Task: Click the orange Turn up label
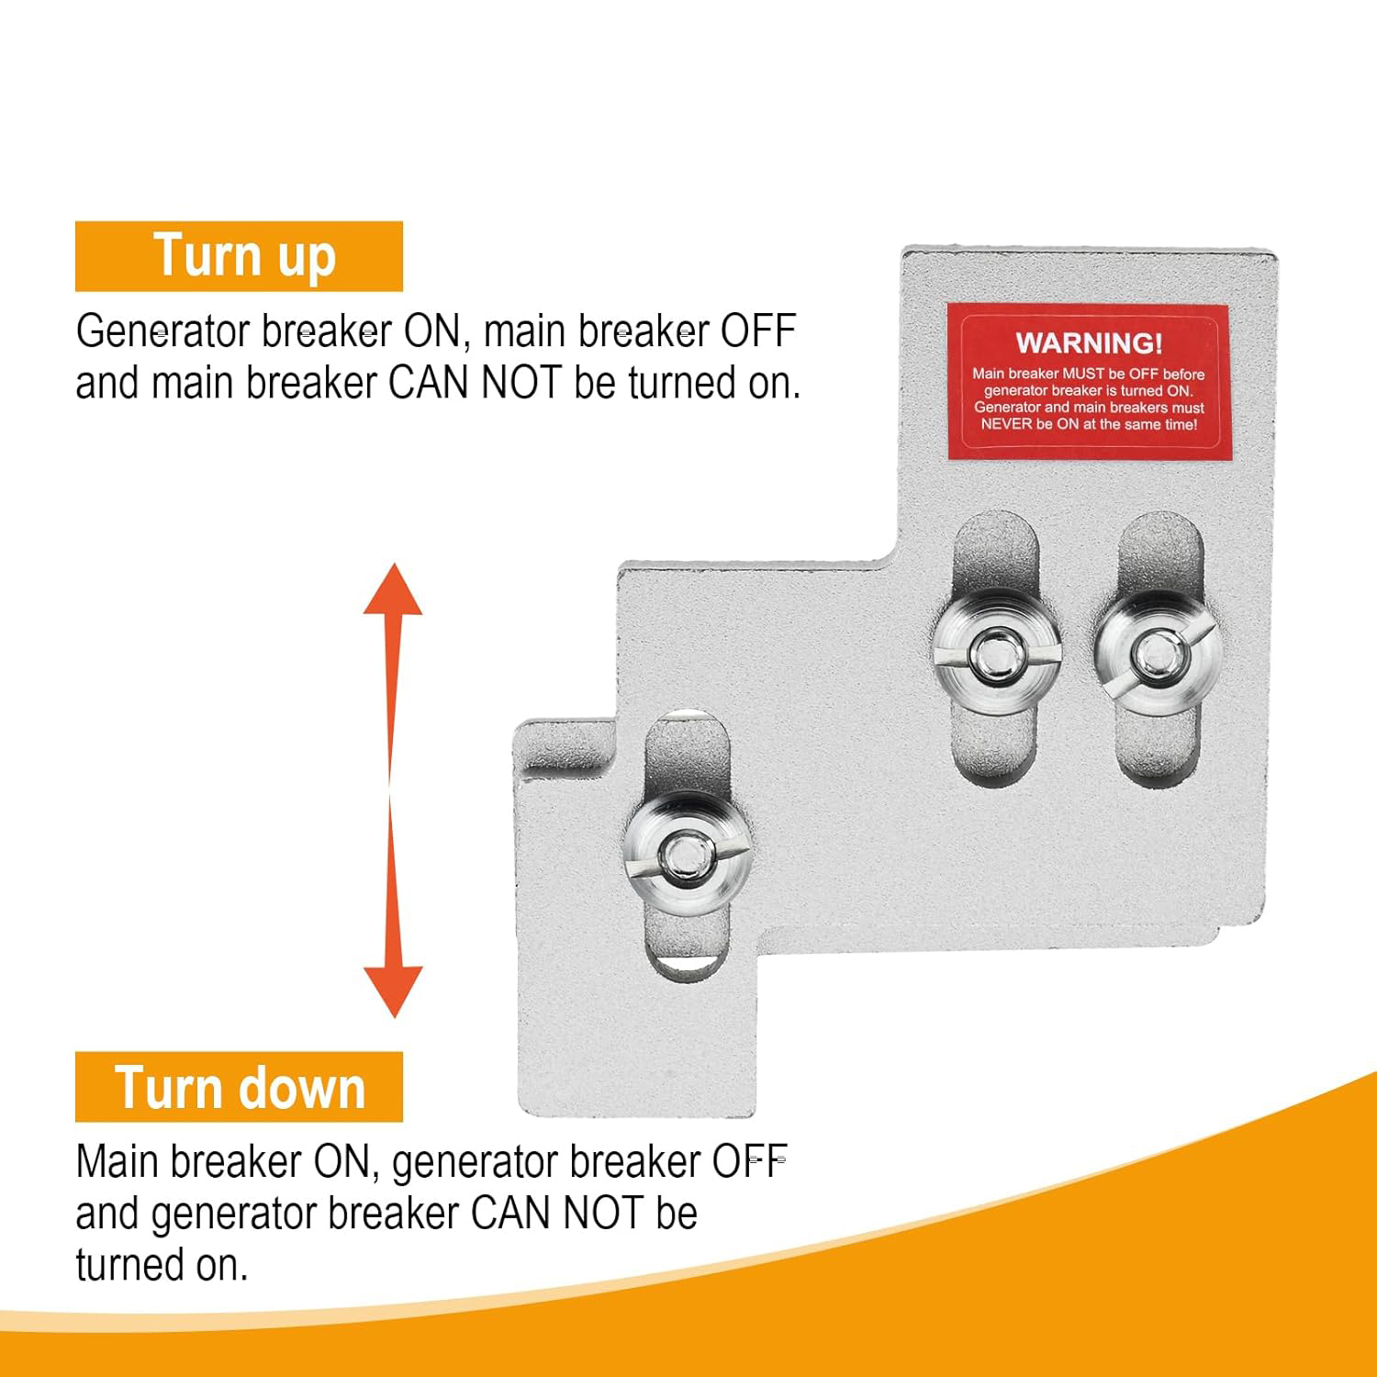point(239,256)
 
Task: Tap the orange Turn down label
point(239,1087)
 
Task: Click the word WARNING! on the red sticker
point(1089,343)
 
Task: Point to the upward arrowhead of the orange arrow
point(393,589)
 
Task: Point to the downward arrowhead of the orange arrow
point(393,991)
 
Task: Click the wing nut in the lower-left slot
point(685,854)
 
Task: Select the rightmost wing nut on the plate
point(1157,654)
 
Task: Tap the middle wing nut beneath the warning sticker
point(996,653)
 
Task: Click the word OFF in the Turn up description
point(757,331)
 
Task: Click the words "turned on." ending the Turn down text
point(162,1265)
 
